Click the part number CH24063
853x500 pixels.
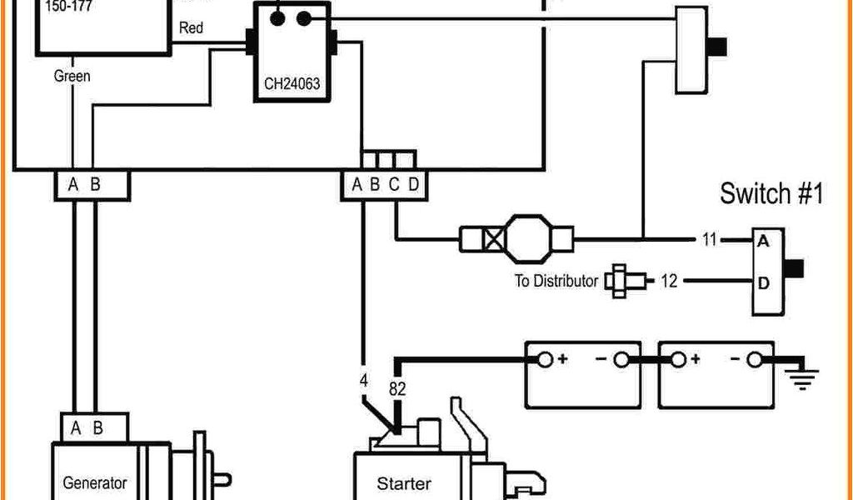click(292, 83)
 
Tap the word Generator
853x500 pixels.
click(95, 482)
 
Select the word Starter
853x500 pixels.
click(404, 483)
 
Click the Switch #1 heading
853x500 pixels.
click(771, 194)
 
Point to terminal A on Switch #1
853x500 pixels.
click(763, 242)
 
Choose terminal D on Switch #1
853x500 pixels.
click(763, 282)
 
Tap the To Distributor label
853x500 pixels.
click(556, 281)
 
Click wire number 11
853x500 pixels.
click(709, 241)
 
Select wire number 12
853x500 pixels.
click(669, 281)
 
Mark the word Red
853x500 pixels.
click(191, 27)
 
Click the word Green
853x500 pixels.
click(72, 76)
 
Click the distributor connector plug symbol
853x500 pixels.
click(617, 281)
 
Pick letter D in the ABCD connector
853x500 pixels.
click(414, 185)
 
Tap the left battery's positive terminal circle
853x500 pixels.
click(544, 360)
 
